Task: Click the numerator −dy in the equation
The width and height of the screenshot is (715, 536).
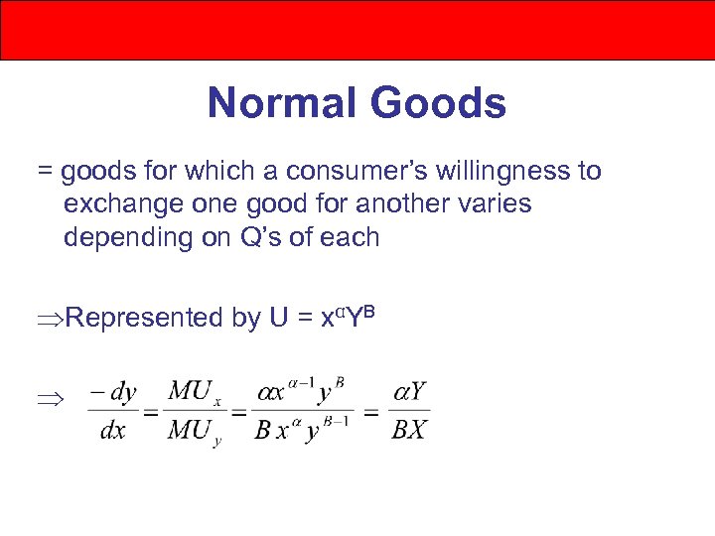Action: [x=112, y=391]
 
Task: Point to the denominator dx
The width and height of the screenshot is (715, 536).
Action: [x=112, y=431]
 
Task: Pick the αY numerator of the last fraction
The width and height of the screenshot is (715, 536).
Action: [x=410, y=391]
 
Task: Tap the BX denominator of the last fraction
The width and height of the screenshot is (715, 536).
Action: [x=410, y=431]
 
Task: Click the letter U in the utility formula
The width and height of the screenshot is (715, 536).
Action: [x=279, y=318]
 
